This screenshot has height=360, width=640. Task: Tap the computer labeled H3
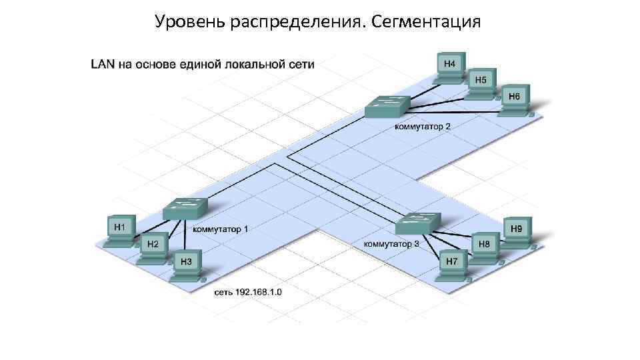[186, 263]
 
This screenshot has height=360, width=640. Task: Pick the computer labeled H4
[450, 65]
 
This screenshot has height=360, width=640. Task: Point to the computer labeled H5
[481, 81]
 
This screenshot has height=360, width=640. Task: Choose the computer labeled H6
[514, 98]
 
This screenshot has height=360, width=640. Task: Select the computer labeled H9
[517, 229]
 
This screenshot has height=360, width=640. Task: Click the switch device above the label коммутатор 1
[185, 209]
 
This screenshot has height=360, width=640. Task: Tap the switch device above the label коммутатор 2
[387, 106]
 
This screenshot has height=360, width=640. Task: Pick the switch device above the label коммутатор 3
[418, 223]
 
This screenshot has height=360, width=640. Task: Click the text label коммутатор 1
[221, 229]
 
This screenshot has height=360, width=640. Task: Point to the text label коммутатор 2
[423, 127]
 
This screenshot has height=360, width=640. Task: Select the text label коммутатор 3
[391, 244]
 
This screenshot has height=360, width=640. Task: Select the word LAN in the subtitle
[102, 65]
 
